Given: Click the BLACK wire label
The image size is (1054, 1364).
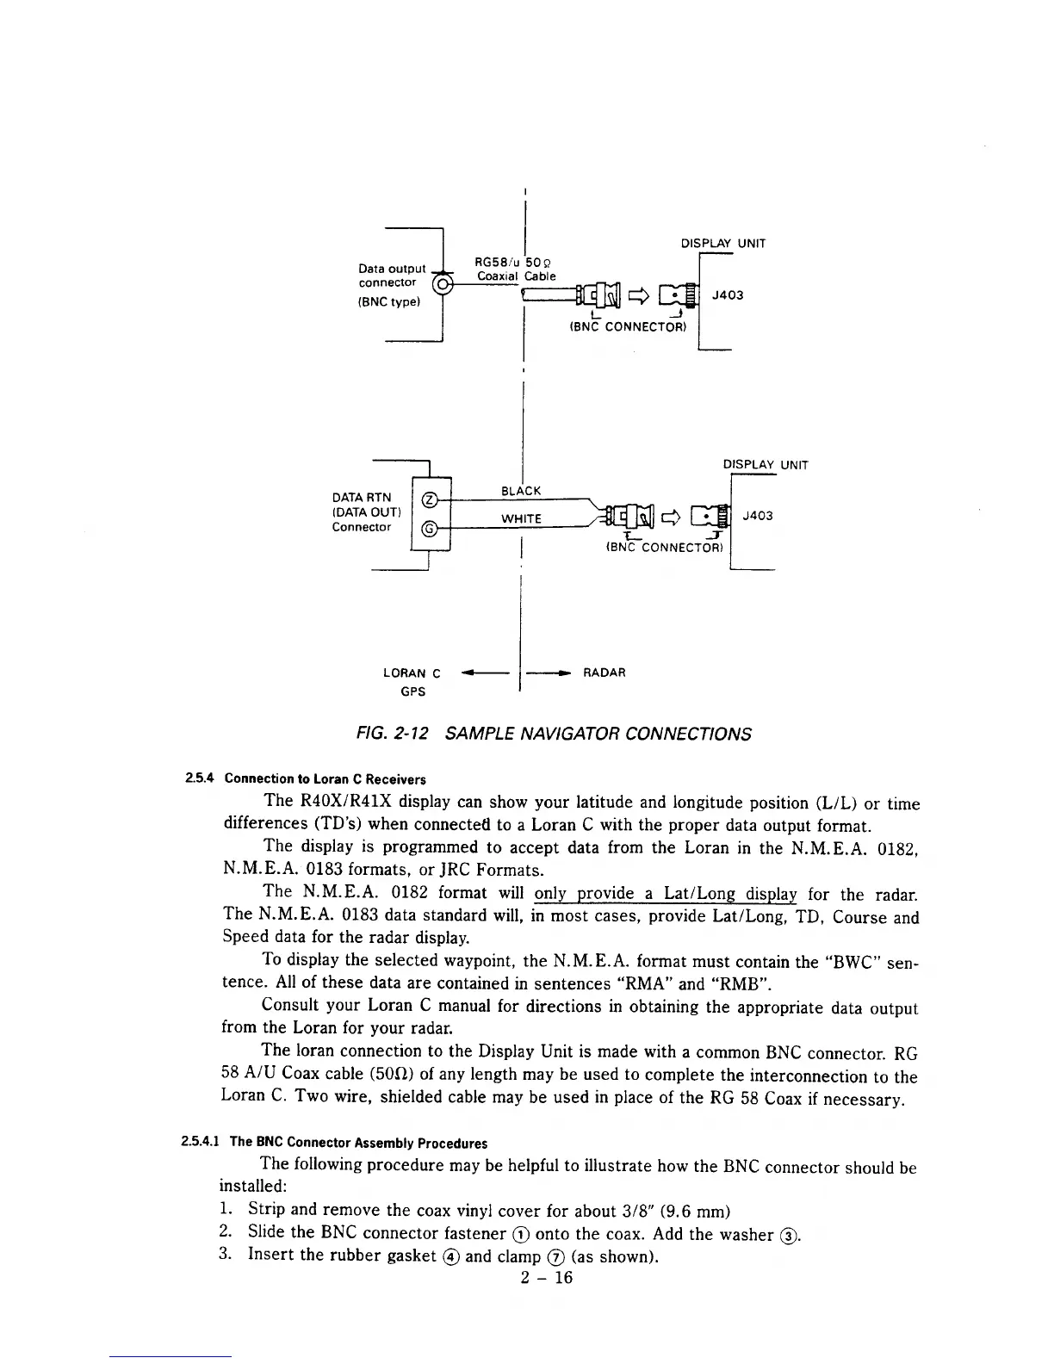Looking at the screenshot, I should [521, 491].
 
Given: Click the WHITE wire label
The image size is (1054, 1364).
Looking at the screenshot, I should [521, 518].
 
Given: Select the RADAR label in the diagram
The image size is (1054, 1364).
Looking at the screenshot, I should [604, 673].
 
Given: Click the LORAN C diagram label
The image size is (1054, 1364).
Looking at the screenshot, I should [412, 673].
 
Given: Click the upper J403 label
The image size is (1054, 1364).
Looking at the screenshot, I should [728, 295].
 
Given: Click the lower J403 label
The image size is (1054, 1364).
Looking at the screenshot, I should [758, 515].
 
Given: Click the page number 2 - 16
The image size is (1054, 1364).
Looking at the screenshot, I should [547, 1277].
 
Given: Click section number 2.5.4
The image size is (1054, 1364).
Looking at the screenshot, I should [198, 779].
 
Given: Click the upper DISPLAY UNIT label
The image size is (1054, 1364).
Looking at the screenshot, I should [723, 244].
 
